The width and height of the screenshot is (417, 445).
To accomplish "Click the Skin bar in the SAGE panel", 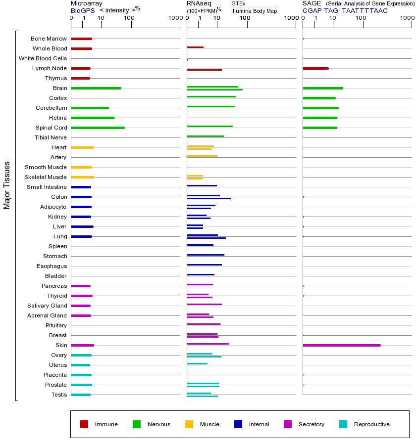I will (x=342, y=345).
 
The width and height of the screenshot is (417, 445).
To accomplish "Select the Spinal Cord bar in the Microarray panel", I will (x=98, y=128).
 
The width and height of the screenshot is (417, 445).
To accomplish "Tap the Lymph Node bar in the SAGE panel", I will (x=315, y=68).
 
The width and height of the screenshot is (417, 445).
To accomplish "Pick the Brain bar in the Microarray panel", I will (x=96, y=88).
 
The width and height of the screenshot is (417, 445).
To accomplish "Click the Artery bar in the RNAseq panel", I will (x=202, y=156).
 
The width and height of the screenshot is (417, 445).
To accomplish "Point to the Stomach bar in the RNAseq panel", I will (x=206, y=255).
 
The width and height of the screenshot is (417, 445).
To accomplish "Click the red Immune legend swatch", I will (x=84, y=424).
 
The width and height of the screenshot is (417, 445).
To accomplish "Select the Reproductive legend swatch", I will (x=343, y=424).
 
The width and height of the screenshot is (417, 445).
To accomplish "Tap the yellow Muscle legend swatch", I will (x=189, y=424).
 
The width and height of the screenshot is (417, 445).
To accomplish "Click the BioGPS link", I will (x=82, y=10).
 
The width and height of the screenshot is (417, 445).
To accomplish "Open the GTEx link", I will (x=238, y=3).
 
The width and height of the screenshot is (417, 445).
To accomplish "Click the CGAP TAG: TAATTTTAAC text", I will (x=345, y=10).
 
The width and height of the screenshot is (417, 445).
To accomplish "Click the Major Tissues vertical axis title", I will (x=7, y=185).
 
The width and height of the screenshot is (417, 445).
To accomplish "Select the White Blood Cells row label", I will (x=43, y=58).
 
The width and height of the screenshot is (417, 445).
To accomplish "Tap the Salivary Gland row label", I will (x=47, y=306).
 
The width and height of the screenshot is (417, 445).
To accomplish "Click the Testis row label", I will (x=58, y=395).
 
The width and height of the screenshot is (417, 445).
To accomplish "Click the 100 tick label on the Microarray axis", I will (x=129, y=18).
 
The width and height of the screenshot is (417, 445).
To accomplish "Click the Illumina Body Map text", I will (x=254, y=10).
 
